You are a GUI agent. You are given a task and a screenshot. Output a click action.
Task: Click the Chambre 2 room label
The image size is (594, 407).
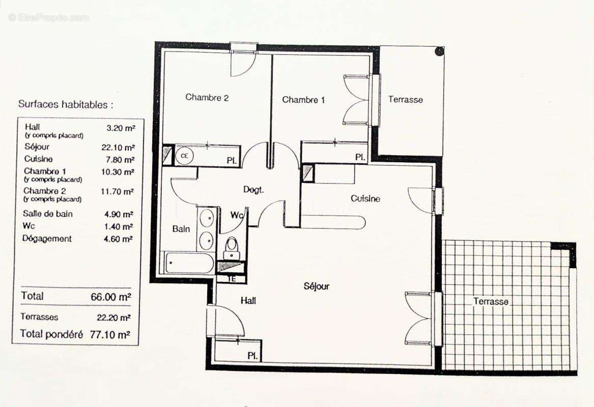click(207, 97)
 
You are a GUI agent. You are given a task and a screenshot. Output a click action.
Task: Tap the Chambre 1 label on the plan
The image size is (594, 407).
click(303, 100)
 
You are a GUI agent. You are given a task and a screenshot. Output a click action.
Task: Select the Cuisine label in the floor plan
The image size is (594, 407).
click(365, 198)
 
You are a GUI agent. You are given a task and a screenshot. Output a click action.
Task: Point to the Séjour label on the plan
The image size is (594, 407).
click(316, 286)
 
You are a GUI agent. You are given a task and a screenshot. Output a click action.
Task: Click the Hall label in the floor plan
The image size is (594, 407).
click(248, 301)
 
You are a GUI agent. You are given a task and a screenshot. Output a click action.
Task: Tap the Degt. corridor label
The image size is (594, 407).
click(253, 190)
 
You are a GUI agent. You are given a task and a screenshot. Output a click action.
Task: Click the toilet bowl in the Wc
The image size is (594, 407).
click(232, 247)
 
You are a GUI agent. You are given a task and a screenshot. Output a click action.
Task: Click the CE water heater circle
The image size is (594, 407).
click(183, 156)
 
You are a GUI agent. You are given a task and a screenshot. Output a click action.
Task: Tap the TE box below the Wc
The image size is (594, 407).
click(231, 279)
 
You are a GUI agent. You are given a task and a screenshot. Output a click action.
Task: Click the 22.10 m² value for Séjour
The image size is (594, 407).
click(118, 148)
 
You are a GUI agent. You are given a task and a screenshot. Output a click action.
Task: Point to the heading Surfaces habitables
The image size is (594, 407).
click(66, 104)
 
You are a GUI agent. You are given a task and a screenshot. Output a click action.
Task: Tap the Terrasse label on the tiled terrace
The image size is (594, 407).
click(491, 301)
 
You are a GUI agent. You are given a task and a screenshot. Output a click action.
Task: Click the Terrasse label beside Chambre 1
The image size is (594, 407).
click(406, 100)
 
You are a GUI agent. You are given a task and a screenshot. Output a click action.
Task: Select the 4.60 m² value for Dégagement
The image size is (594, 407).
click(118, 239)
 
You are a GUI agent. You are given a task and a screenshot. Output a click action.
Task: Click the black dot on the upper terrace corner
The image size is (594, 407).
click(439, 51)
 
